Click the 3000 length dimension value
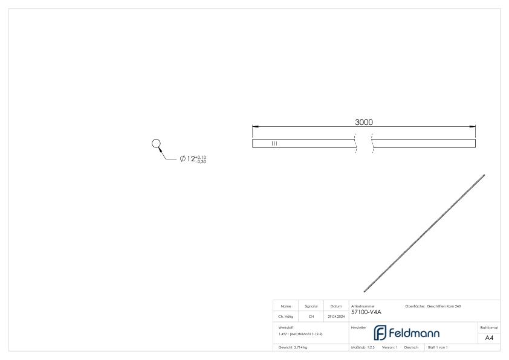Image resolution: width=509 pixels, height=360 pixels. tap(363, 122)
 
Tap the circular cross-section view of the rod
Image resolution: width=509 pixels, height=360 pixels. tap(156, 144)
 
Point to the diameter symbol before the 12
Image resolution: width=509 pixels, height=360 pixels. tap(183, 159)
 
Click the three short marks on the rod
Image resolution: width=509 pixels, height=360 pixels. tap(274, 143)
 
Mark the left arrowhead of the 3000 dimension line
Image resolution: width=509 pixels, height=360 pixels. tap(255, 126)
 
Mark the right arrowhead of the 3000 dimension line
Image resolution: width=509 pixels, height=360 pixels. tap(473, 126)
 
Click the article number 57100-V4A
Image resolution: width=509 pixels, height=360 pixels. tap(366, 312)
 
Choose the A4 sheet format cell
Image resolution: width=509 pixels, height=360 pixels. tap(489, 338)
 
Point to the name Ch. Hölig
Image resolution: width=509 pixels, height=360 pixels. tap(286, 315)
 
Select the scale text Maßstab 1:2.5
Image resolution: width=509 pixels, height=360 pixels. tap(363, 347)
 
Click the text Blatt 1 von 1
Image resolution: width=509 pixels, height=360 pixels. tap(438, 347)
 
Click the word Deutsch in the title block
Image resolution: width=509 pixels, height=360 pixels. tap(411, 347)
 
